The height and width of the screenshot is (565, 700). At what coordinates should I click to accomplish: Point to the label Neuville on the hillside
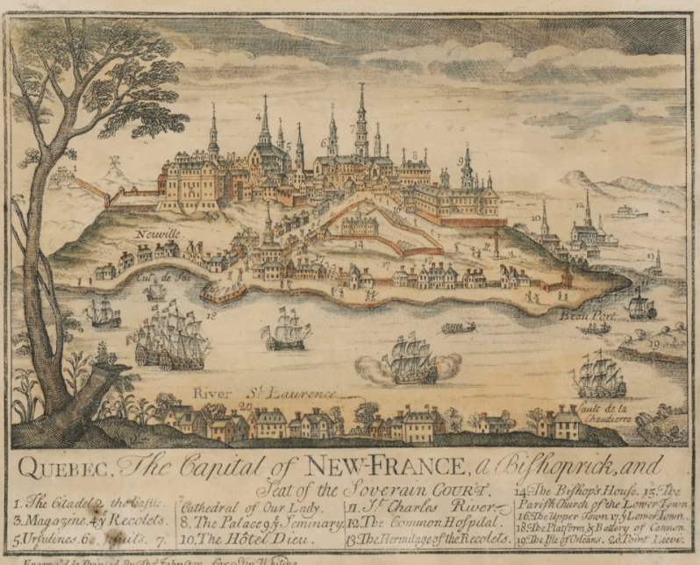point(158,234)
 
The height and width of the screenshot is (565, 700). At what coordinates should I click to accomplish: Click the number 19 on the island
point(654,345)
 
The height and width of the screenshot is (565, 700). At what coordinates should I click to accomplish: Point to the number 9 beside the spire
point(460,161)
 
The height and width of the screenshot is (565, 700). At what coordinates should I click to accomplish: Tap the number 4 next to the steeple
point(258,116)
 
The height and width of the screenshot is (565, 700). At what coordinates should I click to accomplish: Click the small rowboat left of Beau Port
point(458,327)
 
